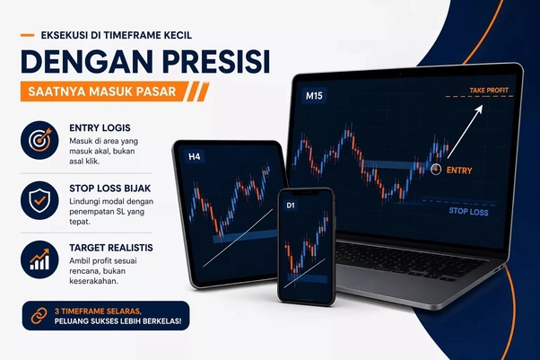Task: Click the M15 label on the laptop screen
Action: tap(314, 95)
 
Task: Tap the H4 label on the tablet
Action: tap(194, 156)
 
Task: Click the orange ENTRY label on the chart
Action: tap(458, 170)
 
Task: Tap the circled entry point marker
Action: tap(437, 169)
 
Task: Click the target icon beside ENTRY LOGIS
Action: tap(39, 140)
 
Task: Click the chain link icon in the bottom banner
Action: tap(39, 316)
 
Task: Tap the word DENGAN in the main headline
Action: tap(76, 64)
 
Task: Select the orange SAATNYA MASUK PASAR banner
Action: tap(108, 91)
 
